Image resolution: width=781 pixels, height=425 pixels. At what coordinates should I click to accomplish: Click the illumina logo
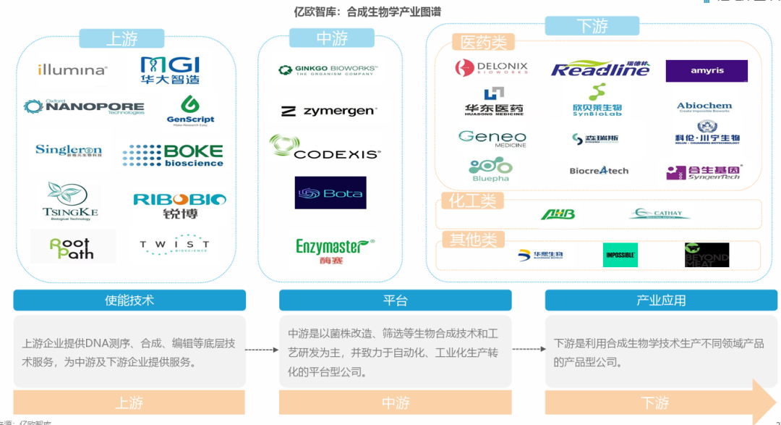click(x=72, y=70)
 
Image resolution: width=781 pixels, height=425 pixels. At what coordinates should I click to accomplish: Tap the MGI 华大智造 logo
click(x=170, y=70)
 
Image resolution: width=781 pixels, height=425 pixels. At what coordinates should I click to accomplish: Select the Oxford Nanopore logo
click(x=84, y=107)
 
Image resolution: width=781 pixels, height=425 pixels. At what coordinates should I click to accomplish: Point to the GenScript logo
click(x=190, y=109)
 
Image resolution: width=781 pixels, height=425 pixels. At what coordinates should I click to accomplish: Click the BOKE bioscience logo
click(x=173, y=155)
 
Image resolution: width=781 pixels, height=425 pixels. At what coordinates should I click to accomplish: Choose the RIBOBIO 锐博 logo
click(x=179, y=205)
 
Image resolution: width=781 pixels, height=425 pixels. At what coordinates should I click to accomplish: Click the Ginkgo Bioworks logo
click(x=328, y=70)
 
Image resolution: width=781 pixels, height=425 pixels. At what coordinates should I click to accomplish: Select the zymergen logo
click(x=328, y=111)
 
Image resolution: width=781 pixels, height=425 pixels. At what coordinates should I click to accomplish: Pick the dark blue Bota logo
click(x=330, y=193)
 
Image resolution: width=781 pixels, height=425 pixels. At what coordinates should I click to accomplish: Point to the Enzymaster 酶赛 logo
click(x=335, y=250)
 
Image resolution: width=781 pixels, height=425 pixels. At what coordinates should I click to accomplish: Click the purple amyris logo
click(x=707, y=71)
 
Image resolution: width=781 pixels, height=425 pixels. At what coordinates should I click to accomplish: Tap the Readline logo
click(x=600, y=69)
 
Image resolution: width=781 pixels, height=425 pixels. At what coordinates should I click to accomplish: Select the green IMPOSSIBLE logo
click(x=620, y=255)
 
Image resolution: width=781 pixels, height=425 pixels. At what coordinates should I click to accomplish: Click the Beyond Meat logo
click(x=707, y=255)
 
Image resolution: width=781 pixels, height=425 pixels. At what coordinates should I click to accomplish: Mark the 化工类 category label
click(x=473, y=201)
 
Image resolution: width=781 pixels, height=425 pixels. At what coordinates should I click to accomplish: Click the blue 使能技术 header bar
click(x=129, y=300)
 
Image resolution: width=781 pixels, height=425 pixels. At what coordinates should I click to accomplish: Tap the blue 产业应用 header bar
click(x=661, y=300)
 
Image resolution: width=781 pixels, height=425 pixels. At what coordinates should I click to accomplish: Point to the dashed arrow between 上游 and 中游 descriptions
click(x=262, y=350)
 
